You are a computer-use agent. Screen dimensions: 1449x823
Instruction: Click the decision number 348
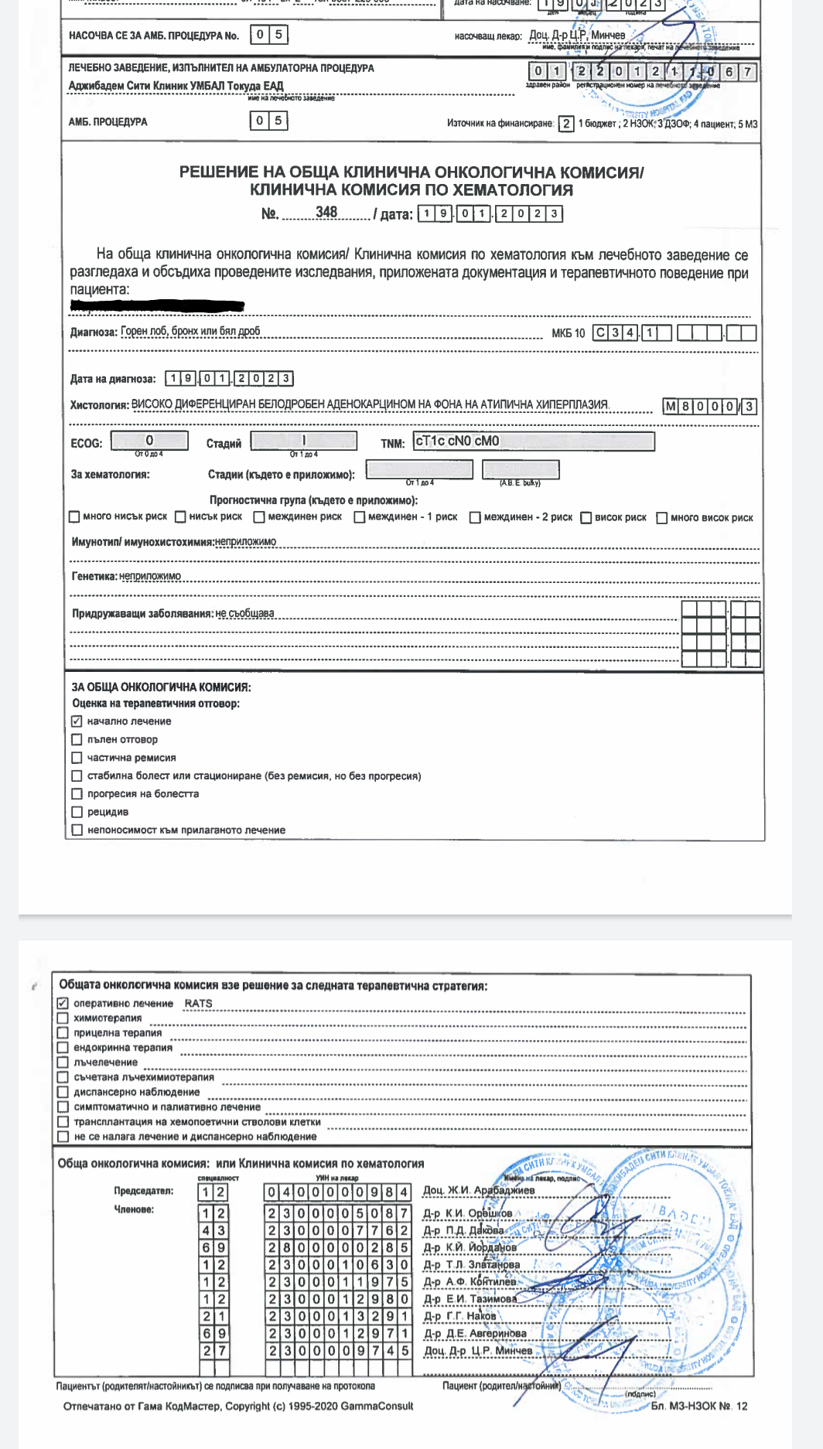(326, 212)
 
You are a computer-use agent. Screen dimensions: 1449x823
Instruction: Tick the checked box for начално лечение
(77, 721)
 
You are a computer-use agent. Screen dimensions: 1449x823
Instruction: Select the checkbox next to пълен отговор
(77, 739)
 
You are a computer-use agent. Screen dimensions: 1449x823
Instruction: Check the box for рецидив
(77, 812)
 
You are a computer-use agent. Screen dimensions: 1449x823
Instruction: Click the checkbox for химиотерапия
(63, 1018)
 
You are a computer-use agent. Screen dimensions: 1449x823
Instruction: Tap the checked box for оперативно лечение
(63, 1003)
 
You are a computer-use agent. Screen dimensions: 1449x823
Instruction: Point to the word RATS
(198, 1003)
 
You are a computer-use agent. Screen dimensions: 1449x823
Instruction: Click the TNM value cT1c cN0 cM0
(457, 441)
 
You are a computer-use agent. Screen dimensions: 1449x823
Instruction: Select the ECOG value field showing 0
(149, 440)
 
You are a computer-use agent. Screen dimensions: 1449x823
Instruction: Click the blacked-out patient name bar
(157, 305)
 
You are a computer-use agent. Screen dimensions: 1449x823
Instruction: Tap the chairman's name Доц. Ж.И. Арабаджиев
(479, 1190)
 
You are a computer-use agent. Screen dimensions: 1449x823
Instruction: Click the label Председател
(144, 1191)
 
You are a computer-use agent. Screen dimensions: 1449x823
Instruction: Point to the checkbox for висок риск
(586, 517)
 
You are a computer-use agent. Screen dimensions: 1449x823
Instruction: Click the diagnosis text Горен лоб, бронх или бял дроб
(190, 331)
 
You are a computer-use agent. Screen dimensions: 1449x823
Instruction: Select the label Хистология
(99, 404)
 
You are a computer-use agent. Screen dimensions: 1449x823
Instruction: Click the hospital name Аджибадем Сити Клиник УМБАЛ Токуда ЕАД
(176, 86)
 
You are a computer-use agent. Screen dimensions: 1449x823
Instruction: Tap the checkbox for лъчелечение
(63, 1062)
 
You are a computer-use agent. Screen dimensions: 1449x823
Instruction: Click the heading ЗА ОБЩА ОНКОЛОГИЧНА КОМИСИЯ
(161, 687)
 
